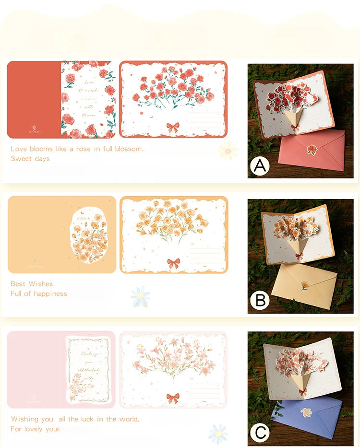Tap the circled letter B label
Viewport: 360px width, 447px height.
click(x=260, y=300)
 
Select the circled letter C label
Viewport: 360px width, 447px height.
click(x=260, y=433)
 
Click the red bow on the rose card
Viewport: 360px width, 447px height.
click(x=173, y=127)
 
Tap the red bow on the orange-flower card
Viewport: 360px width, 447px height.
click(x=173, y=263)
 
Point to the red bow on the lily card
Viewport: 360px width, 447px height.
click(x=173, y=398)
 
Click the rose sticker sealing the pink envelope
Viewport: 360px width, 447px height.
click(x=312, y=150)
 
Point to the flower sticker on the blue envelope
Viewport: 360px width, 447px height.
click(x=306, y=412)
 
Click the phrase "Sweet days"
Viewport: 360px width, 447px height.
click(x=30, y=159)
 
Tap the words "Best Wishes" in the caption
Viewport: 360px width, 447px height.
click(x=32, y=284)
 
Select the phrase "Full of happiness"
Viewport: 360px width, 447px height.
click(x=39, y=294)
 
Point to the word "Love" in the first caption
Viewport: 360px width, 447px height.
click(x=19, y=149)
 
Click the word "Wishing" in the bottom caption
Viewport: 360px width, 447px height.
click(x=25, y=419)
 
